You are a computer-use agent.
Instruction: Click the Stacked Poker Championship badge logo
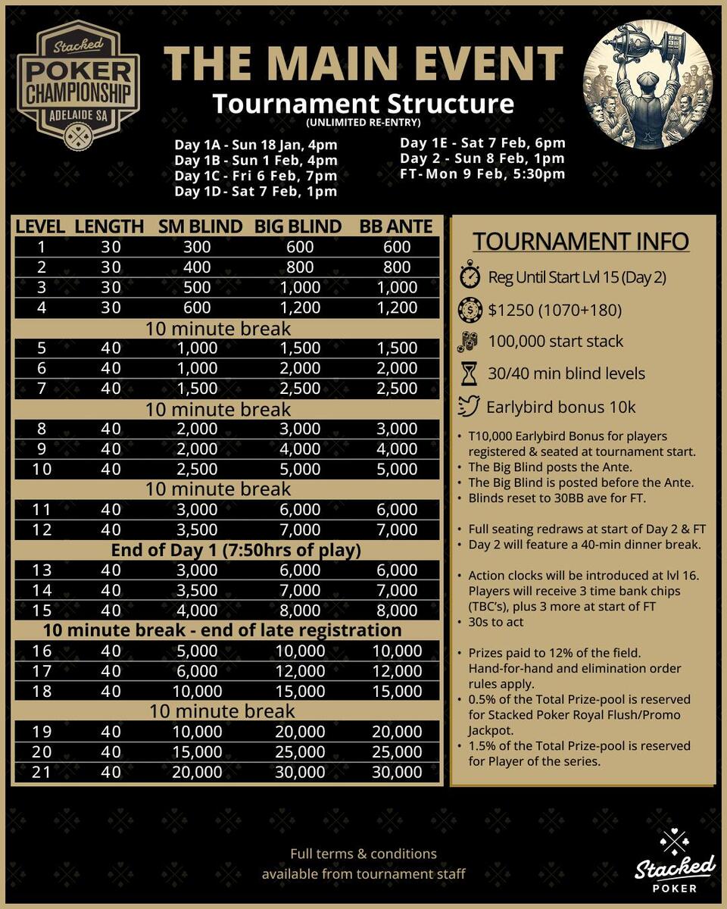78,85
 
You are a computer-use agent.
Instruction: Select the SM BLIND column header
200,226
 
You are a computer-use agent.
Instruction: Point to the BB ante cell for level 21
397,772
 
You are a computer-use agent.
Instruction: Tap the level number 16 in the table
42,651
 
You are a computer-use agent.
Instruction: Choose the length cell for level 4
111,308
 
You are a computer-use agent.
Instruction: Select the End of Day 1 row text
236,550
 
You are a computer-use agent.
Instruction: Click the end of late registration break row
222,630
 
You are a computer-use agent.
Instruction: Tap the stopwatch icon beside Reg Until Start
470,276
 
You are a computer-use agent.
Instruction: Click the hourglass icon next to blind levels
470,373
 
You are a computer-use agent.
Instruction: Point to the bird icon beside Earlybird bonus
470,407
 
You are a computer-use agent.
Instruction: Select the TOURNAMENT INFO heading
581,242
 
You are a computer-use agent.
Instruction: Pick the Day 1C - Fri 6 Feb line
255,176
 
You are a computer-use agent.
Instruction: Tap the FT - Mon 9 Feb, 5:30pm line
482,173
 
